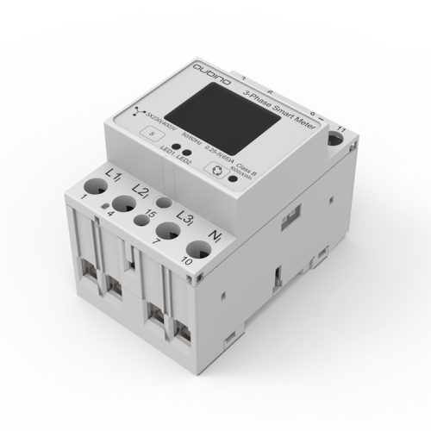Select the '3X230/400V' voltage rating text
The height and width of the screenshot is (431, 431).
click(x=135, y=121)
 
